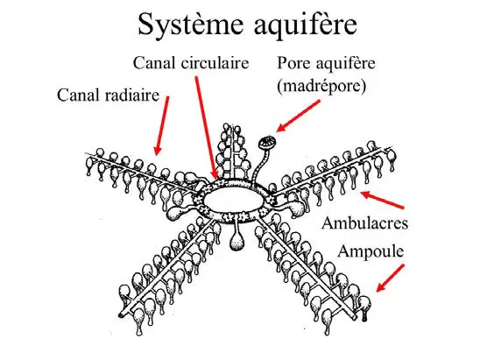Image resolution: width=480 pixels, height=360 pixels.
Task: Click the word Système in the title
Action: (190, 25)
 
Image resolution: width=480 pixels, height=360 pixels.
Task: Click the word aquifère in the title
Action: (305, 25)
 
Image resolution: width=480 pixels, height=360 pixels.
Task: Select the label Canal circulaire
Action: (191, 63)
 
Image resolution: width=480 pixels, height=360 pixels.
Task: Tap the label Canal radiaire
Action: (108, 95)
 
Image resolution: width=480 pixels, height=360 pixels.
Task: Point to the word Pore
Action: (294, 63)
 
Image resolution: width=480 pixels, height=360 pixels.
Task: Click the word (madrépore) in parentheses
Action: (321, 87)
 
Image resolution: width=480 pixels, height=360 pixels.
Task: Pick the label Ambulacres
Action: (364, 222)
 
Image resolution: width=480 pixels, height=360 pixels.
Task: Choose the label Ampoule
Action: (371, 251)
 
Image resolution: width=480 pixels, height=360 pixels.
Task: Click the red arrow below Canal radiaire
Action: (162, 125)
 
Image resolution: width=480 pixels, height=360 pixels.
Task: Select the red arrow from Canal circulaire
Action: (207, 128)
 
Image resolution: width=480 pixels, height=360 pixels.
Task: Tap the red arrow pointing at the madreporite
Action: (298, 116)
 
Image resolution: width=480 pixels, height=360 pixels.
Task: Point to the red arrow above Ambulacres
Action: (382, 200)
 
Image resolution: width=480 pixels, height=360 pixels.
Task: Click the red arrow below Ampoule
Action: (390, 278)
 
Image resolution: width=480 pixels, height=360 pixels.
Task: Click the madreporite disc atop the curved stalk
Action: (267, 143)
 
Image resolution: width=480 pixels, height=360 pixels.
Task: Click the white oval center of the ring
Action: (233, 200)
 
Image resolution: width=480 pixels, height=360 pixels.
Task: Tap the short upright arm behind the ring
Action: (231, 152)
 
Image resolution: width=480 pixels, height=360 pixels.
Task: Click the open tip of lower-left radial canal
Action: (122, 314)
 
